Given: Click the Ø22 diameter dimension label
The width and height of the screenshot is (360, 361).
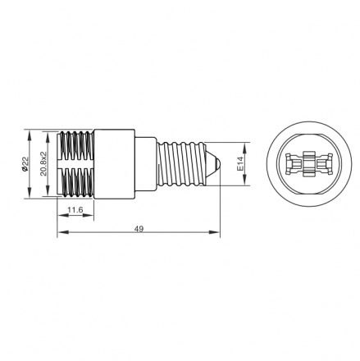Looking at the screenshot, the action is coord(25,164).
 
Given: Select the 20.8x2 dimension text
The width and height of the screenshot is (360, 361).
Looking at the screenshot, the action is coord(43,163).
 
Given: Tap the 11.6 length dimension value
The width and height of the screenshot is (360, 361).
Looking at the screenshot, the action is coord(75,210).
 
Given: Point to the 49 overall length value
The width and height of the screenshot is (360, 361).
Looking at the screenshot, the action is coord(139,229).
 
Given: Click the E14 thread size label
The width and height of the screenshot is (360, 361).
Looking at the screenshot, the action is coord(240,164).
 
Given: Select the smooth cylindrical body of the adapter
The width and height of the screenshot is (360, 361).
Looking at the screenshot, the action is coord(115,164).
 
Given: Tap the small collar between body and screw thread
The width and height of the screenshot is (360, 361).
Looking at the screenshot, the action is coord(146,164).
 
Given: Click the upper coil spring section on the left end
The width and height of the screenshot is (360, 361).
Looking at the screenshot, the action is coord(75,145).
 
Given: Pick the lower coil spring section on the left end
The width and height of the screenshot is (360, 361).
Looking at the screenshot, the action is coord(75,182).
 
